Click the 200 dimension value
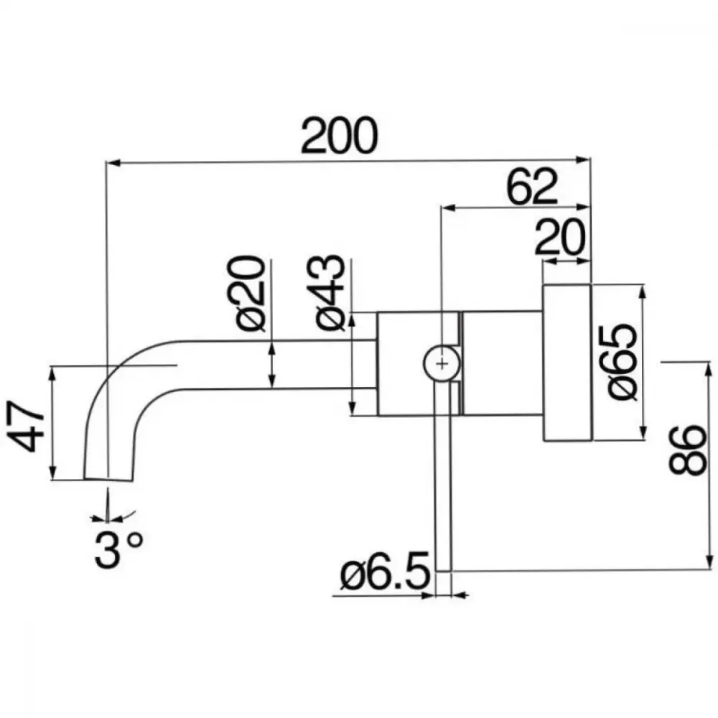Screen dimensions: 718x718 click(x=340, y=136)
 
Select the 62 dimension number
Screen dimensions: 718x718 click(x=532, y=187)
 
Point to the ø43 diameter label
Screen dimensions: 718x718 click(x=330, y=293)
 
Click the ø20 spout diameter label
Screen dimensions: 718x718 click(x=251, y=293)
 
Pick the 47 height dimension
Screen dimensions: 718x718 click(x=26, y=426)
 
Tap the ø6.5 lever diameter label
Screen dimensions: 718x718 click(x=385, y=571)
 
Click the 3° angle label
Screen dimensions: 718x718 click(x=118, y=549)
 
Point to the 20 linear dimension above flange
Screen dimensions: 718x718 click(x=559, y=237)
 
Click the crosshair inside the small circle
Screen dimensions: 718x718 click(x=442, y=363)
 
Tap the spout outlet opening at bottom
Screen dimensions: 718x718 click(x=108, y=480)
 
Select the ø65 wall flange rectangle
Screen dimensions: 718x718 click(x=567, y=363)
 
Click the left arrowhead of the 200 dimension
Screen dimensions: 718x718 click(x=113, y=163)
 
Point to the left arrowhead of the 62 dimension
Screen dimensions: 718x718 click(x=447, y=208)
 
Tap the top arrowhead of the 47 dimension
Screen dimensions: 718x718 click(x=52, y=373)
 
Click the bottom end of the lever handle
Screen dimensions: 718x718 click(x=443, y=571)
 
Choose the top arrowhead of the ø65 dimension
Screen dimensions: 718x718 click(x=643, y=292)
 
